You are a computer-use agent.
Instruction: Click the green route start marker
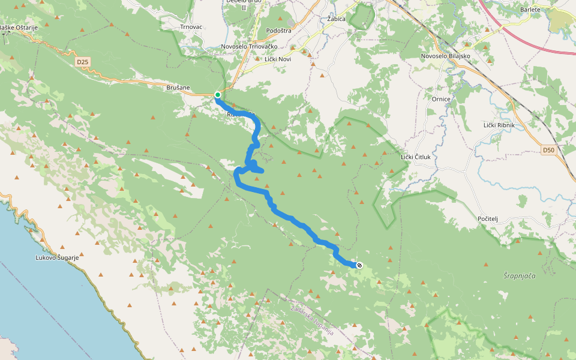pos(218,95)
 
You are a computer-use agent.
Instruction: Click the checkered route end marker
pos(359,265)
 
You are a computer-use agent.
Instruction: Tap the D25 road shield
pos(82,61)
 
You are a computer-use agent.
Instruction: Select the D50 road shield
pos(548,150)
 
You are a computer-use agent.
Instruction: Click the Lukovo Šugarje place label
pos(56,257)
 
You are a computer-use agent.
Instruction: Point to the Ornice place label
pos(440,98)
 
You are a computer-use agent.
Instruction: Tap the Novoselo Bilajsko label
pos(445,56)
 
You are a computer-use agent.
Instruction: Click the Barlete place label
pos(530,10)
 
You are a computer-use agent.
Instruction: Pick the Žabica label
pos(337,19)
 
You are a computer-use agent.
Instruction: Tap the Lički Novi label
pos(278,59)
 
